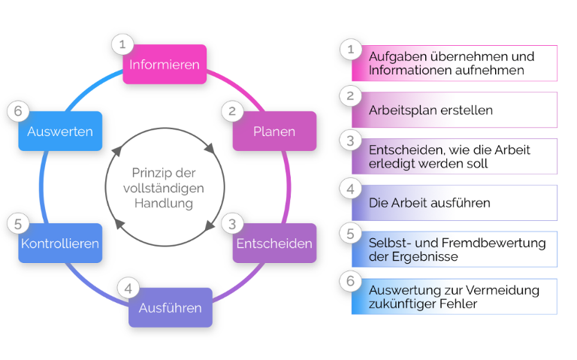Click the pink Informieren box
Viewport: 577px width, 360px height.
coord(165,65)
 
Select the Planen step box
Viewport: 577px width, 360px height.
coord(274,132)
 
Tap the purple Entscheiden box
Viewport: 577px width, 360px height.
coord(274,244)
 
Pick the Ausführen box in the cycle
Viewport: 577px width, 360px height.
coord(170,308)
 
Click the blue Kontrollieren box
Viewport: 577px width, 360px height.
coord(60,244)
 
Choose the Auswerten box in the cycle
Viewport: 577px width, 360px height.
coord(60,132)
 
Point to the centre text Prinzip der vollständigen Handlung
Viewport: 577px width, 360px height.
coord(163,188)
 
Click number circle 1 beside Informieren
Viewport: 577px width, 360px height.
coord(122,44)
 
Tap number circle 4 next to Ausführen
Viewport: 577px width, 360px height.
coord(128,289)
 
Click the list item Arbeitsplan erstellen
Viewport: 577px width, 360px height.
coord(430,110)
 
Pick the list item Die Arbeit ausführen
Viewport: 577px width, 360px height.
coord(429,203)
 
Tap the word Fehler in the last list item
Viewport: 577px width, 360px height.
coord(461,304)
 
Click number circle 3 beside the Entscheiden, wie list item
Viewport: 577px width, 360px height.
coord(349,141)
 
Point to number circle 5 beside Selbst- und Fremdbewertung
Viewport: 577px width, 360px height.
coord(349,234)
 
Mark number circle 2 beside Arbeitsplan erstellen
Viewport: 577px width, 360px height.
coord(349,95)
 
